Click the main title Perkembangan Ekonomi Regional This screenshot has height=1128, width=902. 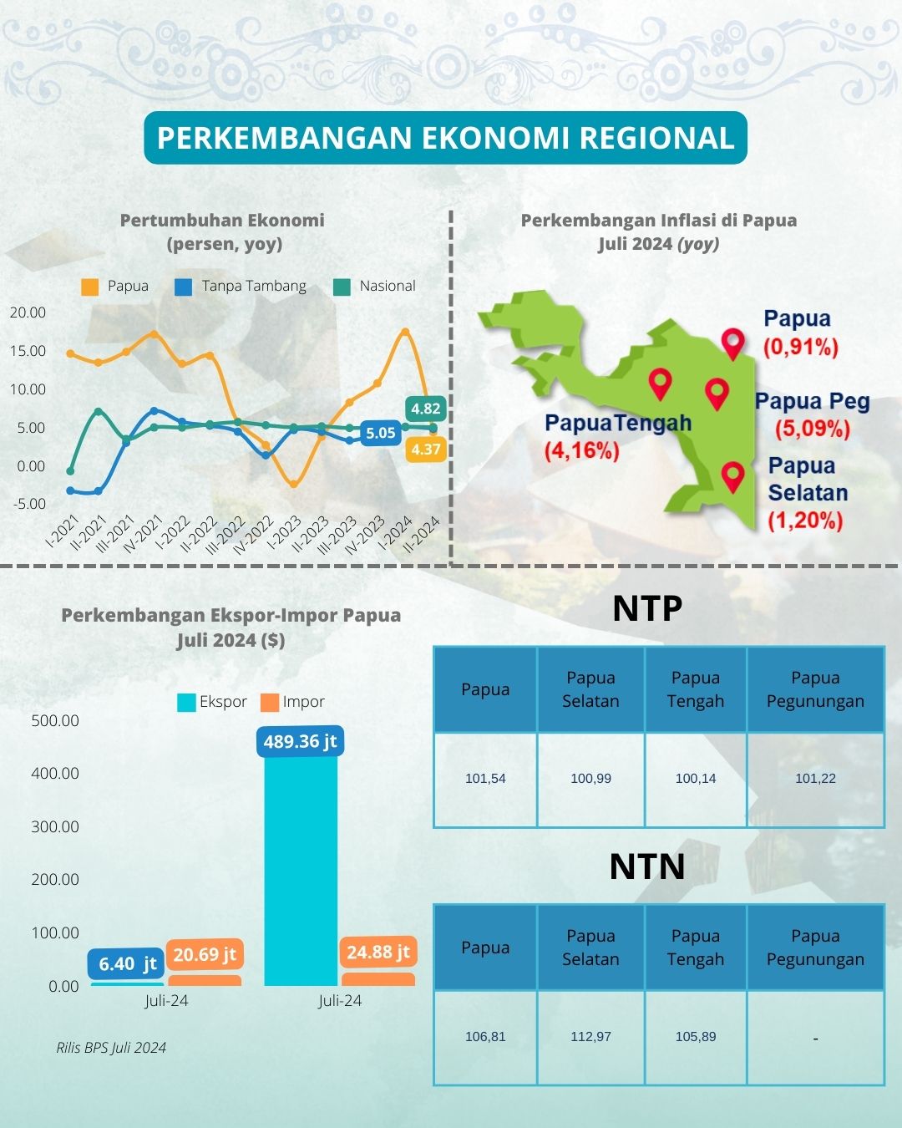click(x=445, y=138)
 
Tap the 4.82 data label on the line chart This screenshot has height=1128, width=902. click(x=426, y=409)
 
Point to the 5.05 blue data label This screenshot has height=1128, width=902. click(x=380, y=433)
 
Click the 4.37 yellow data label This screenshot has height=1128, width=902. click(x=426, y=450)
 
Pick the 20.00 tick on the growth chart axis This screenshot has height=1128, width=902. click(x=28, y=312)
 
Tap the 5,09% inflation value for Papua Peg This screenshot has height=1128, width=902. click(x=812, y=429)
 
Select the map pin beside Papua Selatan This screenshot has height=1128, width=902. click(x=732, y=476)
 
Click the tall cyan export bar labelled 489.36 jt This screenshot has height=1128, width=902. click(x=301, y=869)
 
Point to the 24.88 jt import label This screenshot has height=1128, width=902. click(x=378, y=952)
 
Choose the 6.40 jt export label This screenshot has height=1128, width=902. click(x=127, y=964)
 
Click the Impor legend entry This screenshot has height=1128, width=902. click(x=292, y=702)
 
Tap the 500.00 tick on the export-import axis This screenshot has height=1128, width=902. click(x=55, y=720)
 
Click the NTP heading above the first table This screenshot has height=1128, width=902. click(x=647, y=608)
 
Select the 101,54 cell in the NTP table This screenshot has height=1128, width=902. click(x=485, y=779)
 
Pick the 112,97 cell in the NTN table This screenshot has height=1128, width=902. click(x=590, y=1037)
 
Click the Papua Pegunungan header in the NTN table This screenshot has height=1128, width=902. click(x=815, y=948)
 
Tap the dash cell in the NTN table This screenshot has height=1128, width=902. click(x=815, y=1038)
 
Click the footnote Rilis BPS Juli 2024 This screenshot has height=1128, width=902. click(x=111, y=1048)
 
